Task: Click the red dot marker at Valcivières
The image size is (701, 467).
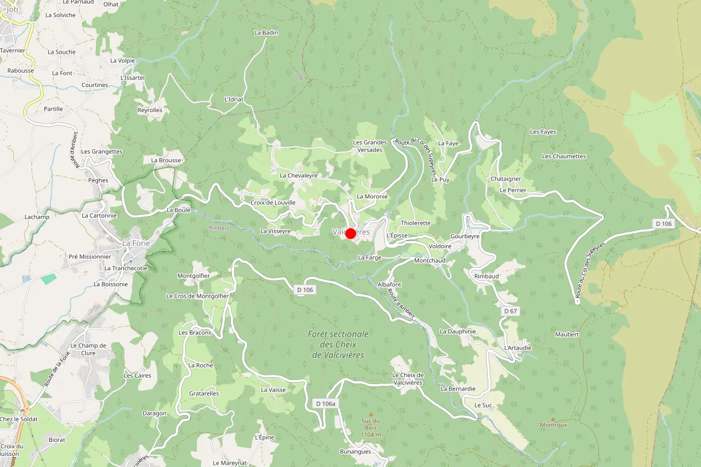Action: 350,233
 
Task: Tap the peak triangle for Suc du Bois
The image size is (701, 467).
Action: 370,414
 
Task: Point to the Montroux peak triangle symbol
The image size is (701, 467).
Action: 553,419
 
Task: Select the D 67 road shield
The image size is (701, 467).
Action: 510,311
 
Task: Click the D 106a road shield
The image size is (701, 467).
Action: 325,403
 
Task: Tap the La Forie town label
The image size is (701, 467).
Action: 134,243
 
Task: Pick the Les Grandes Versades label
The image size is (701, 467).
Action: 370,146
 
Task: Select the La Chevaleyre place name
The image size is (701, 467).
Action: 299,175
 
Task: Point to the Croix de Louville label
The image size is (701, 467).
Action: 273,203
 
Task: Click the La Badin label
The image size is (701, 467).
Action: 266,33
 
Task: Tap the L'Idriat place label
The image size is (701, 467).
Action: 234,100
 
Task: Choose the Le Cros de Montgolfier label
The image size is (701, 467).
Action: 197,296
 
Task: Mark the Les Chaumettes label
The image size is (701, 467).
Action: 564,156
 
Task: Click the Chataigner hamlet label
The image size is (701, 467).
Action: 506,179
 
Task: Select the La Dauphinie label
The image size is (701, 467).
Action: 458,331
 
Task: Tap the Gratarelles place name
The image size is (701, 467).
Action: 204,393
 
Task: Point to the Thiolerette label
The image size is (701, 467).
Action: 415,223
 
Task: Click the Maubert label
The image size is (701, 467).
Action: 567,334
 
